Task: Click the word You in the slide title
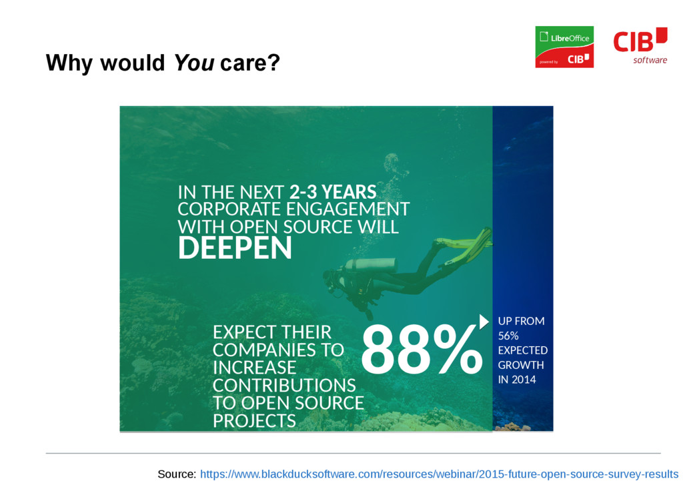pyautogui.click(x=194, y=63)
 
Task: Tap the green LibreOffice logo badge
pyautogui.click(x=564, y=47)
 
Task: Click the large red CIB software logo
pyautogui.click(x=640, y=45)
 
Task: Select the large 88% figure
pyautogui.click(x=422, y=350)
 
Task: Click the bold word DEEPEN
pyautogui.click(x=235, y=248)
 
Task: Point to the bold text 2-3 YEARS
pyautogui.click(x=333, y=192)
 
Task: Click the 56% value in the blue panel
pyautogui.click(x=508, y=336)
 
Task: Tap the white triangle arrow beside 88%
pyautogui.click(x=484, y=322)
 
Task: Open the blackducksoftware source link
pyautogui.click(x=439, y=474)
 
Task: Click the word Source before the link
pyautogui.click(x=177, y=474)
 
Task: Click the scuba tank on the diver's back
pyautogui.click(x=372, y=265)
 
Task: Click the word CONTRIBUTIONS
pyautogui.click(x=284, y=386)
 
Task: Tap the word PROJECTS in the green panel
pyautogui.click(x=254, y=421)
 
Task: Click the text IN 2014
pyautogui.click(x=517, y=380)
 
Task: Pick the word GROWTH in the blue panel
pyautogui.click(x=521, y=365)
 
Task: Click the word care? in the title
pyautogui.click(x=249, y=63)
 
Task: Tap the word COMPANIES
pyautogui.click(x=278, y=350)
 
